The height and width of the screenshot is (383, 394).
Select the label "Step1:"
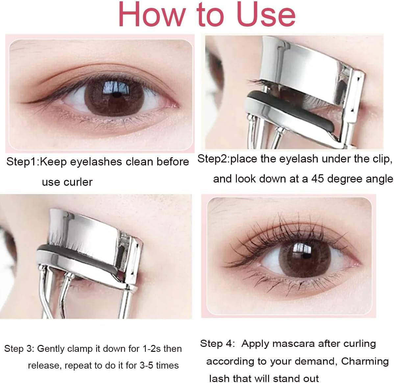(23, 162)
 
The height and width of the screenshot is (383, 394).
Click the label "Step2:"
(213, 159)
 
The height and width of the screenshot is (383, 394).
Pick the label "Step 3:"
(19, 349)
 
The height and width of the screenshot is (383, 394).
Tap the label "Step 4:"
(217, 344)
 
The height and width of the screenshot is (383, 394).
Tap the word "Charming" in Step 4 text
(365, 361)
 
